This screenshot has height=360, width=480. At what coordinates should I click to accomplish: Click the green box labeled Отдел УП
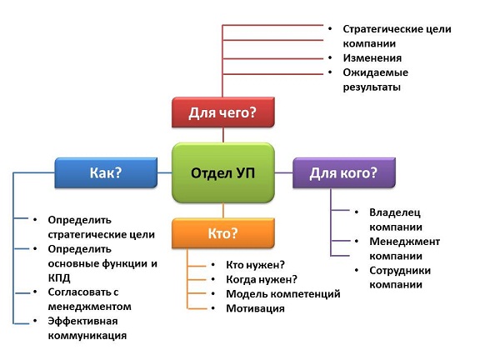click(222, 173)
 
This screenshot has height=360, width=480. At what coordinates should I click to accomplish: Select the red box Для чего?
click(222, 112)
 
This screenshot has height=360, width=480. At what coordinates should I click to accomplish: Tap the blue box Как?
click(106, 173)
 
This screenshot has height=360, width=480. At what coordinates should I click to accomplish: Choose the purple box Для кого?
click(344, 173)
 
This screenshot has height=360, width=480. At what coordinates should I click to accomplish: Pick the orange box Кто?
click(222, 233)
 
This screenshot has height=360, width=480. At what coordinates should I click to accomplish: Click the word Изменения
click(372, 58)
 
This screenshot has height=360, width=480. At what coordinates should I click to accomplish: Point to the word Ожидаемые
click(376, 72)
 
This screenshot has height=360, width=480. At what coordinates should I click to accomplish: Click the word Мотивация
click(255, 308)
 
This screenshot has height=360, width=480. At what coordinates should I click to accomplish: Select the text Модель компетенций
click(283, 294)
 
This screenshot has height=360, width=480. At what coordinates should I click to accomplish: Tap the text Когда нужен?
click(262, 279)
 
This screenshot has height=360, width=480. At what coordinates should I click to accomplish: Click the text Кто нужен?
click(255, 265)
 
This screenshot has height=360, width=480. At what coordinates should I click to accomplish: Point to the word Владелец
click(395, 212)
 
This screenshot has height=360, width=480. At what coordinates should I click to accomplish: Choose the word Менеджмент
click(405, 242)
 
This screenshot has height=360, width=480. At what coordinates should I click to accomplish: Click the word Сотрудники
click(400, 271)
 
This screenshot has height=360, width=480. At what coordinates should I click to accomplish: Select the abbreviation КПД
click(59, 278)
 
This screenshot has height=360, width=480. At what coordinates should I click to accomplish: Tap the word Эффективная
click(82, 321)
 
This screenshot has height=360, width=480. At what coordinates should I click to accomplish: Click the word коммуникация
click(87, 336)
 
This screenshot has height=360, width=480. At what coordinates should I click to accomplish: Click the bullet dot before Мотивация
click(213, 308)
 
